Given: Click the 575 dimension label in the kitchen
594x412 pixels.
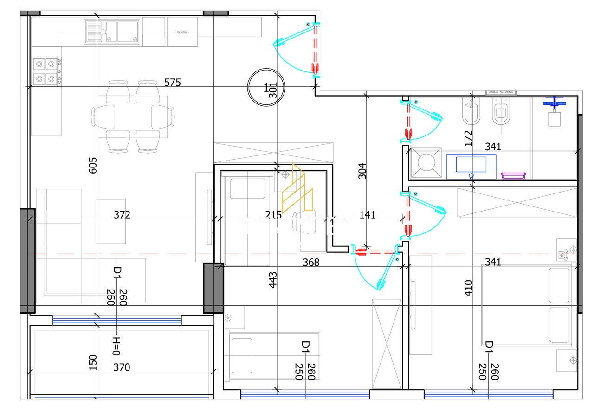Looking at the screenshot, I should (173, 83).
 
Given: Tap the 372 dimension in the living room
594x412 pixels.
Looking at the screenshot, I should (122, 215).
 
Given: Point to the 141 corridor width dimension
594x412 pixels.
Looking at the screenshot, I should (367, 215).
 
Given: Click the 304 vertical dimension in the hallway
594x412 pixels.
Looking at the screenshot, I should (362, 171).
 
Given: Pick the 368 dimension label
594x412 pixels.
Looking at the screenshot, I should (311, 263).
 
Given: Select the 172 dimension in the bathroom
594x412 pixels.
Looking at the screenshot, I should (468, 139).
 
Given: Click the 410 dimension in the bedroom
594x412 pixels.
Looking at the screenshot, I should (468, 288).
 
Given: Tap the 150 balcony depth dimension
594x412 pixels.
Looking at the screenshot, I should (92, 362).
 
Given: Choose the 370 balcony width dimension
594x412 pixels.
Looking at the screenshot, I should (122, 367).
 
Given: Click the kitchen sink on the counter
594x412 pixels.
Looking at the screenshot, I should (113, 32).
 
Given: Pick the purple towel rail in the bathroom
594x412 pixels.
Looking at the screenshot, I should (513, 175).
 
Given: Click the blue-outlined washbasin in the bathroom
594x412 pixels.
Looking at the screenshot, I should (471, 166).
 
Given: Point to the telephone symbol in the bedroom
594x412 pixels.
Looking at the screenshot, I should (562, 254).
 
